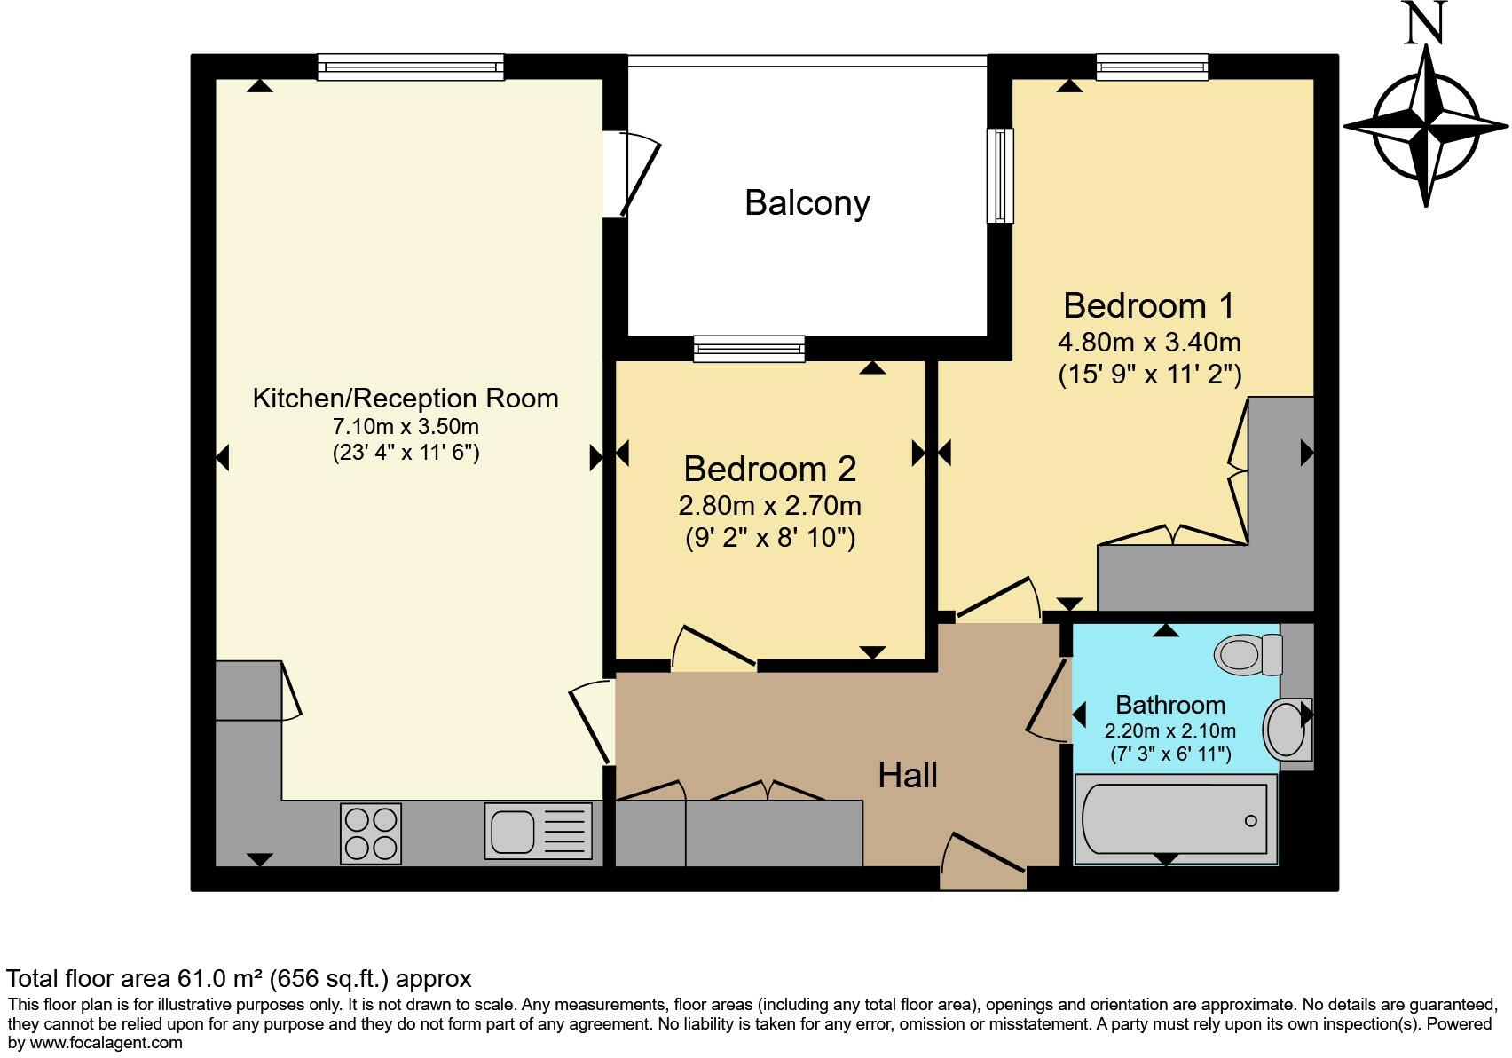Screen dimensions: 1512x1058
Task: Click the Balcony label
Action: [807, 202]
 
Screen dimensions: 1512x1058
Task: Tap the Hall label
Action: [907, 775]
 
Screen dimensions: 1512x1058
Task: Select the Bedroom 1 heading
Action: [1149, 306]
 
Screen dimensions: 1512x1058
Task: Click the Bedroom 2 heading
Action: [769, 469]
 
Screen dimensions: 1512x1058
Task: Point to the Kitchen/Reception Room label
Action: [406, 399]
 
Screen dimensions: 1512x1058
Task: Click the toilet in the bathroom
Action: [1248, 654]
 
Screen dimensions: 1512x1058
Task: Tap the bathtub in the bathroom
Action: [1175, 819]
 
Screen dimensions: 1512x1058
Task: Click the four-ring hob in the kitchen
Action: [371, 833]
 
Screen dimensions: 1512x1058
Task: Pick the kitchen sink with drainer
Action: [538, 831]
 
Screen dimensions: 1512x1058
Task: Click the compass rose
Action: [1426, 126]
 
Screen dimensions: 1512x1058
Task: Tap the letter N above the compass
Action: [1425, 21]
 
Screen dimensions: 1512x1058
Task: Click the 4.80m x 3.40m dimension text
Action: [1149, 343]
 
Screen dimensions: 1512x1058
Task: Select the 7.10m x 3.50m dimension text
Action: [406, 427]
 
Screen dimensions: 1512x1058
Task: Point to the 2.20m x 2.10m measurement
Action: [1170, 730]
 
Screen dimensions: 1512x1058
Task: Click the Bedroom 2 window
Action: [749, 349]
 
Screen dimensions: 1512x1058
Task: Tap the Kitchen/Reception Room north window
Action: [411, 67]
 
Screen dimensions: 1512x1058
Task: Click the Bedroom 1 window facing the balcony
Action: [1000, 176]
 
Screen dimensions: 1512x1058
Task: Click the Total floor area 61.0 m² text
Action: [239, 978]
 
